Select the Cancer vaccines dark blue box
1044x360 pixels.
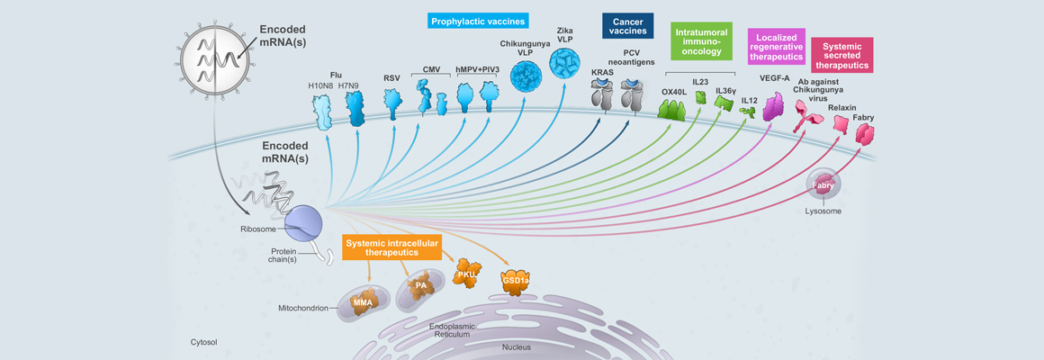click(628, 24)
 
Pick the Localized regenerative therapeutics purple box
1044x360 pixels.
click(775, 46)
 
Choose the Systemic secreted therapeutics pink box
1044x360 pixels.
click(841, 55)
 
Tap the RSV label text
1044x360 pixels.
click(391, 78)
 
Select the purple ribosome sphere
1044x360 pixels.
click(301, 221)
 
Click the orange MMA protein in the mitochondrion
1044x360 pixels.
click(363, 301)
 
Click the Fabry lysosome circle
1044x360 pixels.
click(823, 185)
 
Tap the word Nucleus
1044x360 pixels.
click(516, 346)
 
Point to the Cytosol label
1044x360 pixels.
click(204, 342)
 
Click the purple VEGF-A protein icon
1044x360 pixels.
click(774, 106)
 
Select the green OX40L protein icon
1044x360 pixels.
click(672, 111)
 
